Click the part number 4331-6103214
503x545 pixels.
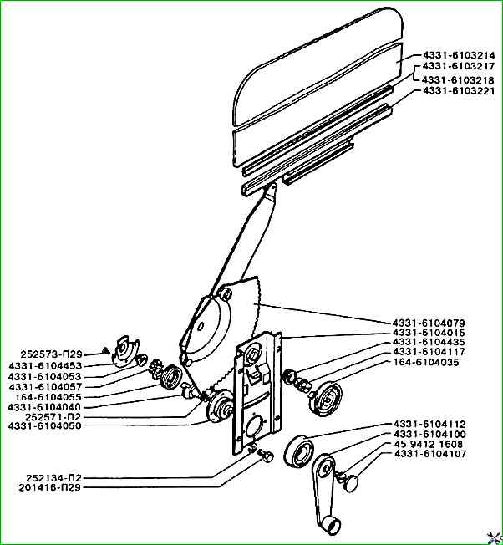[459, 55]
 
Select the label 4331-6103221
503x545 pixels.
[459, 91]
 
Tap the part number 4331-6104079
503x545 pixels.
[429, 323]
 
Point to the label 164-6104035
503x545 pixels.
[426, 362]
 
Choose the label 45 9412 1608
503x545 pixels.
[429, 444]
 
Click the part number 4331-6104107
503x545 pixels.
[430, 454]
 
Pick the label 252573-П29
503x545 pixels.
[52, 354]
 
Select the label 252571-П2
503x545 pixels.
[53, 416]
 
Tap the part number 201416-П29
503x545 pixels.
[50, 487]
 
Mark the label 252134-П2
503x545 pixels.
[53, 477]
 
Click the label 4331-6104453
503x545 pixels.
[45, 365]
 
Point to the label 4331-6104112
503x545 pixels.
[429, 424]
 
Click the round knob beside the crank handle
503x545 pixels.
[350, 483]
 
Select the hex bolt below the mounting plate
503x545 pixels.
[266, 456]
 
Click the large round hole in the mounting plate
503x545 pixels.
[256, 426]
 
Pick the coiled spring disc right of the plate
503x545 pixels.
[326, 399]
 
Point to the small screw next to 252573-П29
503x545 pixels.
[106, 351]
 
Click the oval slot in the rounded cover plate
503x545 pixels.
[201, 327]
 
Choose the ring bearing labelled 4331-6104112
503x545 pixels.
[299, 451]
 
